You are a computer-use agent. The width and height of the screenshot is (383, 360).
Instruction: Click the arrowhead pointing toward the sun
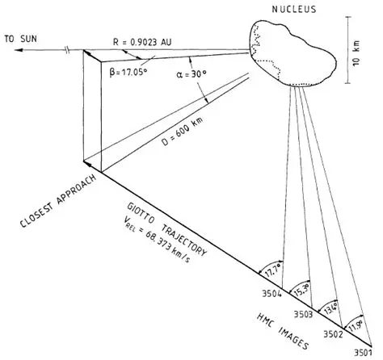[x=6, y=50]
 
